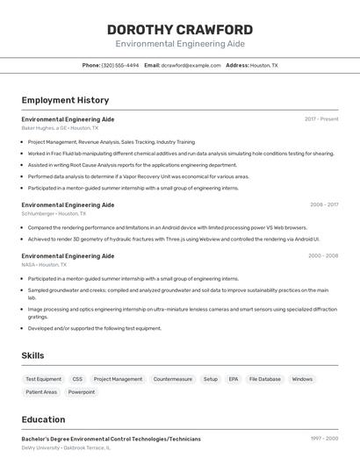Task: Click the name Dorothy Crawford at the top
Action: (179, 30)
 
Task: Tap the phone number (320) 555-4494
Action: (119, 66)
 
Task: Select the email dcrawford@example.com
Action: (191, 66)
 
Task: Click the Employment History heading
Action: (65, 101)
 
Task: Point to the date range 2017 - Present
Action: (321, 119)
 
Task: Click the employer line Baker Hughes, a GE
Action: (60, 128)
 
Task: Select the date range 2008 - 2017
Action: (324, 204)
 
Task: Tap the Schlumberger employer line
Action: (54, 213)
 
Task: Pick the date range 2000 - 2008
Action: (323, 256)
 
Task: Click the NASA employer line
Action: (44, 264)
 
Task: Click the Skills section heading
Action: (33, 355)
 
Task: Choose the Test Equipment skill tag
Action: (44, 379)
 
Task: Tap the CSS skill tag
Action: (77, 379)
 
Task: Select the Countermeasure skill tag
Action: (172, 379)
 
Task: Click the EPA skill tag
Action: (234, 379)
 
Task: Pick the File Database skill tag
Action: (265, 379)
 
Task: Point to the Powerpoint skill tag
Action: (82, 392)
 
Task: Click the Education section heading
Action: (43, 419)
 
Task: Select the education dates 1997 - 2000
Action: (323, 438)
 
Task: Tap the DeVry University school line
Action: (66, 447)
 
